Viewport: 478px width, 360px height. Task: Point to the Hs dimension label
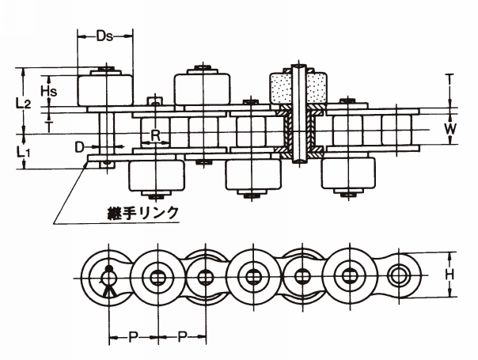[48, 91]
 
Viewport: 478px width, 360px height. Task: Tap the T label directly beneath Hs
[48, 124]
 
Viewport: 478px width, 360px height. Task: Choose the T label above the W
[450, 79]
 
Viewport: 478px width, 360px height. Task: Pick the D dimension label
[79, 146]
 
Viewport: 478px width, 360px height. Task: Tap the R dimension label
[156, 135]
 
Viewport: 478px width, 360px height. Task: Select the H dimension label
[450, 274]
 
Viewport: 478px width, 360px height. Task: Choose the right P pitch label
[181, 337]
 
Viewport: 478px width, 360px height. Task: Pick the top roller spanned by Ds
[104, 89]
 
